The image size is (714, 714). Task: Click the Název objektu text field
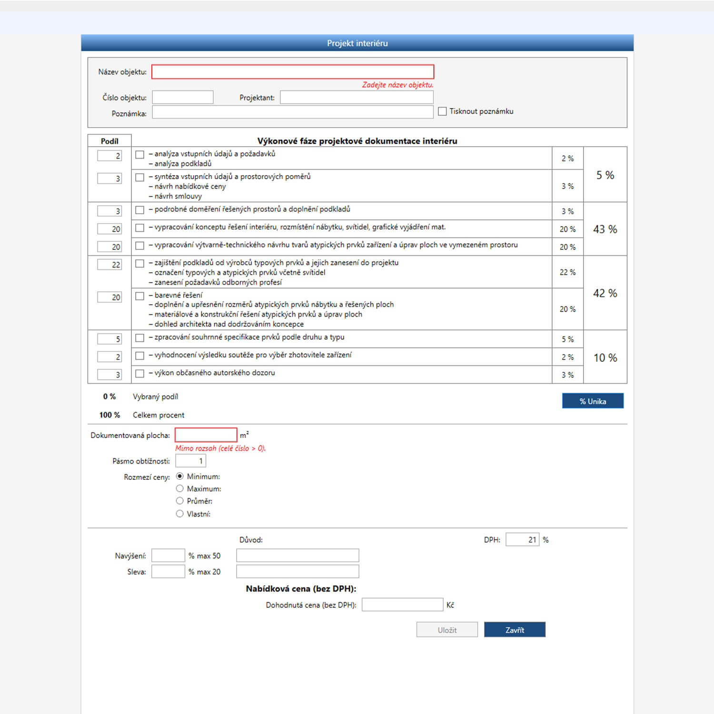click(292, 72)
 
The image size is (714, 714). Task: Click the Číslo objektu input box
click(182, 98)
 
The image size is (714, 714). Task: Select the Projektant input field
click(357, 98)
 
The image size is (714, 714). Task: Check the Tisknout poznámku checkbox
click(442, 111)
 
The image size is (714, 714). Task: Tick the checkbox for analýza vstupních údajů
click(139, 155)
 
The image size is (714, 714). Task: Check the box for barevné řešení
click(139, 296)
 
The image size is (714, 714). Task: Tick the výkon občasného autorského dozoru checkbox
click(139, 374)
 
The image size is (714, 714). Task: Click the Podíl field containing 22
click(109, 265)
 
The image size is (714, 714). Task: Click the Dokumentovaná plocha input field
click(206, 435)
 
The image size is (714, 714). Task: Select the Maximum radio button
click(179, 488)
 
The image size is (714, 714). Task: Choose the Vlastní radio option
click(179, 514)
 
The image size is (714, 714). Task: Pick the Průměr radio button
click(179, 501)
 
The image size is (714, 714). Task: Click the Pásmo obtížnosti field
click(190, 461)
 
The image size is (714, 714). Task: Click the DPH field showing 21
click(522, 540)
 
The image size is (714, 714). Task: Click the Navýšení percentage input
click(168, 555)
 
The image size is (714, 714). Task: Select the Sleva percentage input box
click(168, 572)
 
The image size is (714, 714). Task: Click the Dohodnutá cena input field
click(402, 605)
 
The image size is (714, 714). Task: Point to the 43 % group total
click(605, 229)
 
